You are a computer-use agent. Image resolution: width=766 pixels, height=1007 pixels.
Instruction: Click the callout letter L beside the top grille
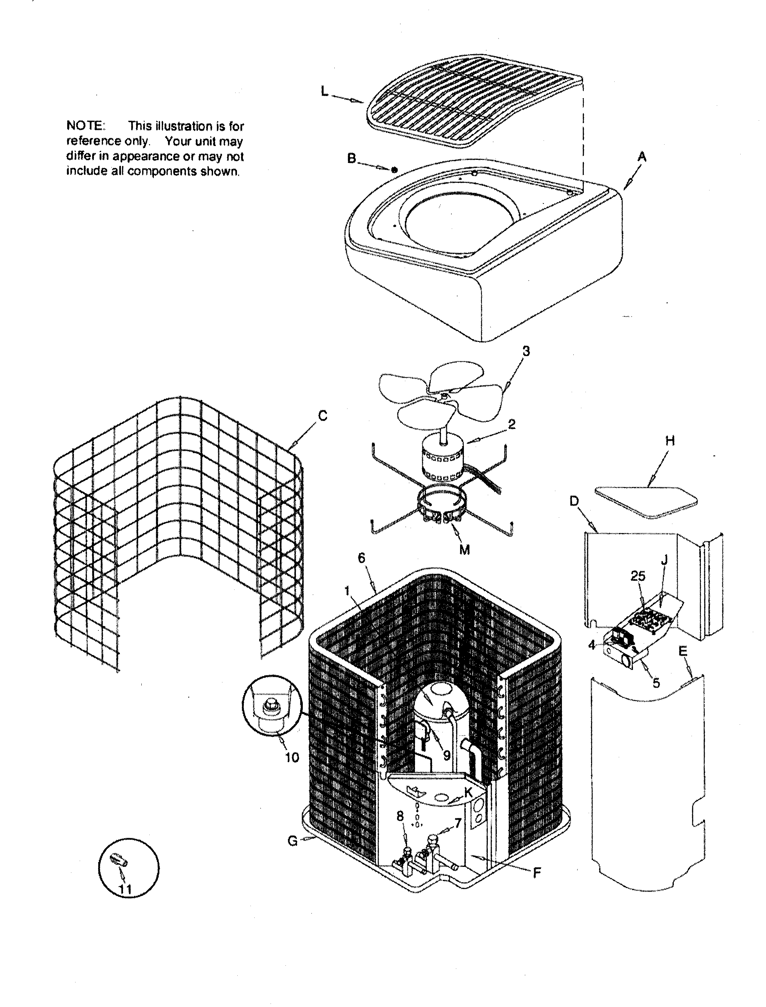324,91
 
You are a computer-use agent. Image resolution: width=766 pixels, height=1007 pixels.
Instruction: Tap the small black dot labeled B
394,170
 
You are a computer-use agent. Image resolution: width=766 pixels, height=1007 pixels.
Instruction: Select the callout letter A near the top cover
642,157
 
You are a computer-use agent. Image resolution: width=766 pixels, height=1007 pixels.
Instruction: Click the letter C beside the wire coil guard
322,416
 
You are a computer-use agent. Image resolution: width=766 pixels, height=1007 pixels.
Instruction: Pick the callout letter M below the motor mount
464,550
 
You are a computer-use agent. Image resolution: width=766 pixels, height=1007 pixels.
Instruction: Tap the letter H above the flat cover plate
670,441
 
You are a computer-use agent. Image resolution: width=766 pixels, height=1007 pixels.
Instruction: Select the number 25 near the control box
638,576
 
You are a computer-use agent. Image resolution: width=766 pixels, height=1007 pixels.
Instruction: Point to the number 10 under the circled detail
292,757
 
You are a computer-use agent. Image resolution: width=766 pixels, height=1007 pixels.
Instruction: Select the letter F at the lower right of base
537,873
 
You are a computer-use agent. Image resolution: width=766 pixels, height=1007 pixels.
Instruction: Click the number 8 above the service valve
400,816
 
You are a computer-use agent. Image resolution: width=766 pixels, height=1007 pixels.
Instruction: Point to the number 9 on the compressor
447,755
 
